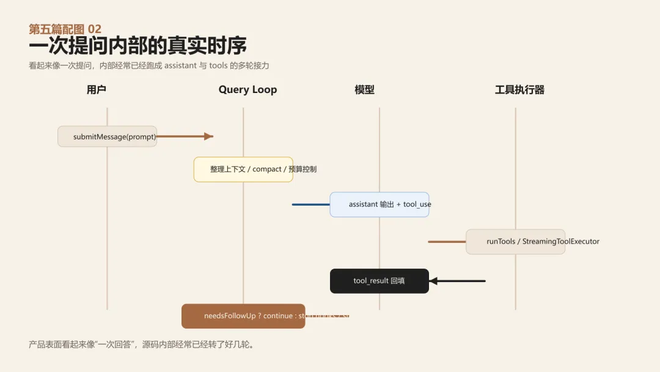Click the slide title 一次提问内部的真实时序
[x=137, y=46]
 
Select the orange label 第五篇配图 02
[x=65, y=29]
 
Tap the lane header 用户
[x=97, y=90]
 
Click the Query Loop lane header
[x=248, y=90]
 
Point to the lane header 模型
[x=364, y=90]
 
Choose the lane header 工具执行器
[x=519, y=90]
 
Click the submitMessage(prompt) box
[x=108, y=136]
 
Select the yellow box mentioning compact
[x=243, y=169]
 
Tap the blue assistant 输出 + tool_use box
[x=380, y=204]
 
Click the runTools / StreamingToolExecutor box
[x=515, y=242]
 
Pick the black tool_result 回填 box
[x=379, y=281]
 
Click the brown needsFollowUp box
[x=243, y=316]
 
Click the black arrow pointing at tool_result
[x=458, y=281]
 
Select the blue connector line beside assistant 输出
[x=310, y=204]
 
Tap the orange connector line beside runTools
[x=447, y=242]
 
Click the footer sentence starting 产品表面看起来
[x=141, y=344]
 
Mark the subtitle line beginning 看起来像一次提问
[x=149, y=65]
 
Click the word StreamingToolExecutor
[x=561, y=242]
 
